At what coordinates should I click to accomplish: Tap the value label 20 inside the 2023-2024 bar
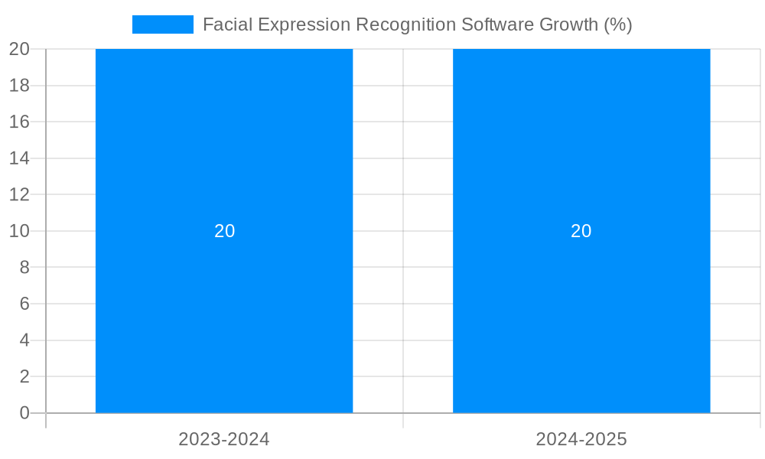coord(224,231)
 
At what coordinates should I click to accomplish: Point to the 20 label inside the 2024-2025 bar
coord(581,231)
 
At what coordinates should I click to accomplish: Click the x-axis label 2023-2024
coord(224,439)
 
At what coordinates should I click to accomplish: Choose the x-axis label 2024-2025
coord(581,439)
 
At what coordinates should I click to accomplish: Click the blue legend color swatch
coord(163,24)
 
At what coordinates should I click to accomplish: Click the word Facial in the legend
coord(228,24)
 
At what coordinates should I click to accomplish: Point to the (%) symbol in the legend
coord(617,24)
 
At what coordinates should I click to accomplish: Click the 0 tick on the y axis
coord(24,413)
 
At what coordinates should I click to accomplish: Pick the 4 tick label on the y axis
coord(24,340)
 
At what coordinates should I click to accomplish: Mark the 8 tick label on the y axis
coord(24,268)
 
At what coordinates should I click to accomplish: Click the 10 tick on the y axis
coord(19,231)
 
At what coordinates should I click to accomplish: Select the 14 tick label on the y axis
coord(19,158)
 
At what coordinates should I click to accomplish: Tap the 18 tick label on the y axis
coord(19,86)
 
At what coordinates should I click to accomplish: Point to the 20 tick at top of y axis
coord(19,49)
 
